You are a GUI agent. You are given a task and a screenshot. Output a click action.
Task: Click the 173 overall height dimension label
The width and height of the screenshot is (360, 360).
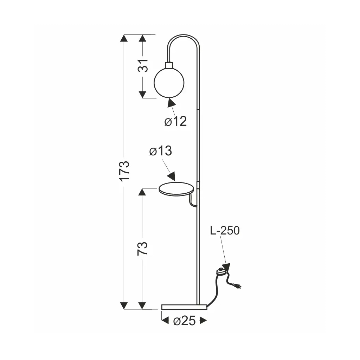tap(124, 171)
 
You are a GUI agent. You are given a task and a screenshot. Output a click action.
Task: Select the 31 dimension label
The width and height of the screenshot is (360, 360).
tap(143, 66)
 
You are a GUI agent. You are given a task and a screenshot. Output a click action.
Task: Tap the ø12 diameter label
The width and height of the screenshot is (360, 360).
tap(176, 121)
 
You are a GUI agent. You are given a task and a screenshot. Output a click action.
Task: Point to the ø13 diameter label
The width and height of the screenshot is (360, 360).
tap(160, 151)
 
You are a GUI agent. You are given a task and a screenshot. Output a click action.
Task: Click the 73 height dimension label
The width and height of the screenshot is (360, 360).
tap(142, 249)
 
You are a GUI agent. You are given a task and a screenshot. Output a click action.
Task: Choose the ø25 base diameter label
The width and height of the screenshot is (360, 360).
tap(184, 321)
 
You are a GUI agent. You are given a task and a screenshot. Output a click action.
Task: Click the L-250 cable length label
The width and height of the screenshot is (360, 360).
tap(225, 230)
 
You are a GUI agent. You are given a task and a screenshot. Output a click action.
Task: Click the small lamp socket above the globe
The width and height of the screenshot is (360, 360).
tap(169, 65)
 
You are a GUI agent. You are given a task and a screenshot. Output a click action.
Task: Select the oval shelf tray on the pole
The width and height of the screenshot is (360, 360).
tap(176, 189)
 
